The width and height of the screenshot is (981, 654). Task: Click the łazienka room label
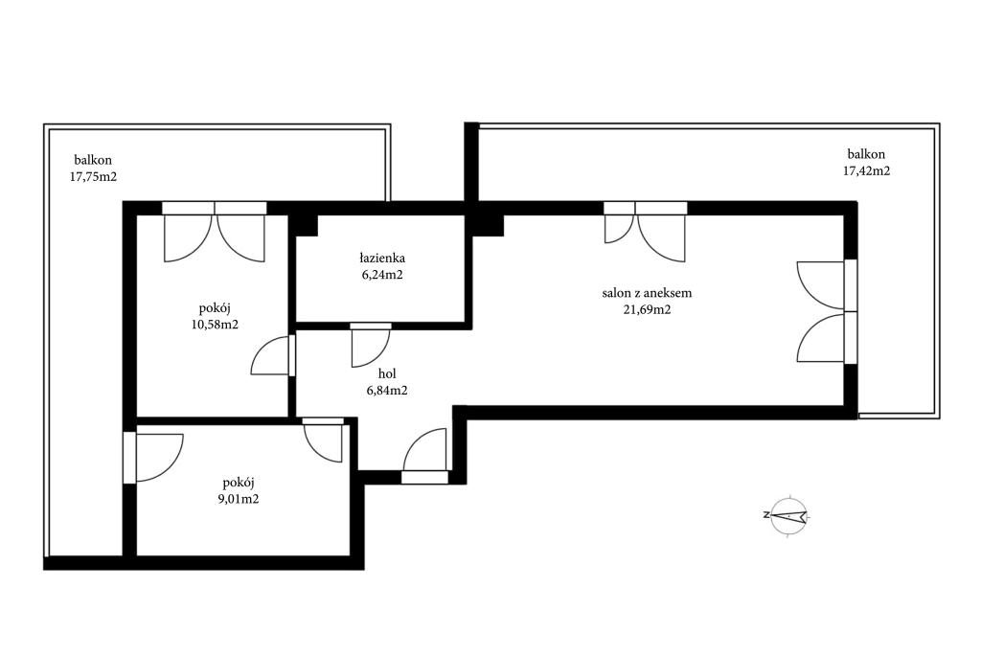pos(381,258)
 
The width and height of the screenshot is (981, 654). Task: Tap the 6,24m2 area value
pos(381,274)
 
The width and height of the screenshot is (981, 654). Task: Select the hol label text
pos(387,373)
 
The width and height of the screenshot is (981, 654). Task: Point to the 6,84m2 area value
pos(387,391)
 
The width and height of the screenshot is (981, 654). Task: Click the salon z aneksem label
pos(647,293)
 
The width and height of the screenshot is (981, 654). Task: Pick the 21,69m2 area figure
pos(647,309)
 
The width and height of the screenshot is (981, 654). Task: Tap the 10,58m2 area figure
pos(215,324)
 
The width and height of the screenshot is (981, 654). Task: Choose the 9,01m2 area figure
pos(238,499)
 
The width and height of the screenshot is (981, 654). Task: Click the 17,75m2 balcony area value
pos(93,176)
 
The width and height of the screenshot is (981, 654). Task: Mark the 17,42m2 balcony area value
pos(866,170)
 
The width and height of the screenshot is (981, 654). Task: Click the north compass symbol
pos(786,516)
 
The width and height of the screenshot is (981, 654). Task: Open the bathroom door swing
pos(371,345)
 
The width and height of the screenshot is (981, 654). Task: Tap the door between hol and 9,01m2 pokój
pos(323,440)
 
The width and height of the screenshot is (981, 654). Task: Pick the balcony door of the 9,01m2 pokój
pos(153,457)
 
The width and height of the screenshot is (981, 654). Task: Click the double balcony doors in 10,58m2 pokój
pos(215,232)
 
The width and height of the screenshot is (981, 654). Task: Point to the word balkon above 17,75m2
pos(93,160)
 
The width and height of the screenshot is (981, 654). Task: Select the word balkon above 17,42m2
pos(866,154)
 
